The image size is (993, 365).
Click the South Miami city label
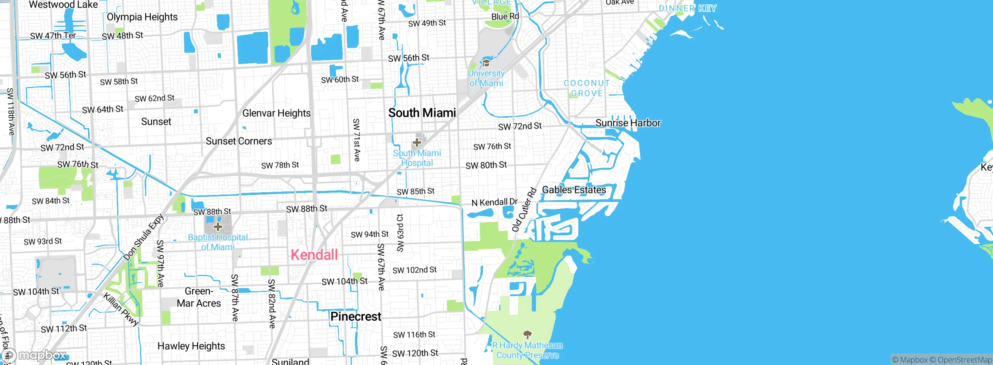422,113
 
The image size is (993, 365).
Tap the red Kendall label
314,255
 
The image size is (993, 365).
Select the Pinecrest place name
356,316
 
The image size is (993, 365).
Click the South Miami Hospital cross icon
417,143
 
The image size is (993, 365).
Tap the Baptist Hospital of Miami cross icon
218,226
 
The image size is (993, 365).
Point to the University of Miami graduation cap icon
486,63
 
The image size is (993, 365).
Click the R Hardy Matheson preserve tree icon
527,334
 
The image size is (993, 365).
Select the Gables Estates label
574,190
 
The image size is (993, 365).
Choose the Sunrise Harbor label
628,123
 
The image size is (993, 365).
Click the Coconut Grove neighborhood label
586,88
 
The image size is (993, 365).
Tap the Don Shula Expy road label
144,237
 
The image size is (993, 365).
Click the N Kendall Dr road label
494,202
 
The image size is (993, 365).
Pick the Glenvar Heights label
277,113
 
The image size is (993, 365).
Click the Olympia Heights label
142,17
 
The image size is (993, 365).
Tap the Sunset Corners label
239,141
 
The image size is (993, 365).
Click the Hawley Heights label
191,346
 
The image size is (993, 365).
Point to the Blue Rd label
505,16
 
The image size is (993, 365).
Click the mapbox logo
35,355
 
